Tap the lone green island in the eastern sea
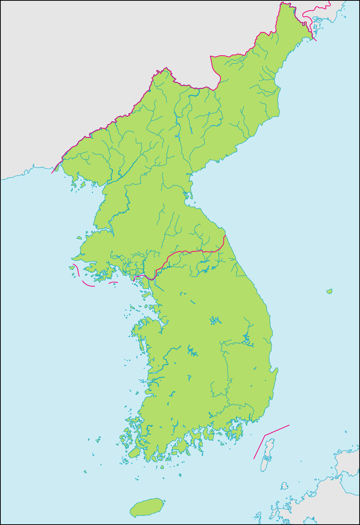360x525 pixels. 329,292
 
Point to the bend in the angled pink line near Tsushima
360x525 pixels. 265,435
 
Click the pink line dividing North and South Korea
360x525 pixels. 193,252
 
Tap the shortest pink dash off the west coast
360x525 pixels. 113,283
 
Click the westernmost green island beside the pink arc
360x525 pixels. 72,267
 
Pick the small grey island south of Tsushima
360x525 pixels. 284,485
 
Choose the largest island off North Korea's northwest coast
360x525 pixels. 83,184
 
